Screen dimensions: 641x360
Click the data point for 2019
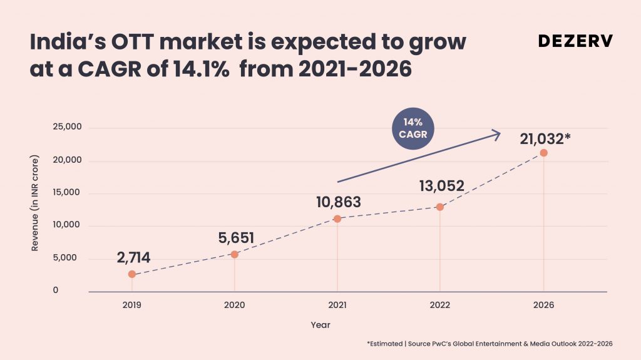131,274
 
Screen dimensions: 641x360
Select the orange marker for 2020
235,254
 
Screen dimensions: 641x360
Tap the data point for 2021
337,219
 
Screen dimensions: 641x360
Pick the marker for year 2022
440,207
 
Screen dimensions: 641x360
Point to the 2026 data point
544,153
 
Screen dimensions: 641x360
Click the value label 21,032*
545,139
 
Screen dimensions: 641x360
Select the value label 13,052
441,186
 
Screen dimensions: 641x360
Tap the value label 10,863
339,202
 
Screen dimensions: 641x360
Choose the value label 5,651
236,238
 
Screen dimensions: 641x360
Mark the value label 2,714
133,258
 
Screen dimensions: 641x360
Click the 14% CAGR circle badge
413,128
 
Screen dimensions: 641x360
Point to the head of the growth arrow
500,134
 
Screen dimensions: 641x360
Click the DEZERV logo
576,41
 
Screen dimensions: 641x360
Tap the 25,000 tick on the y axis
67,127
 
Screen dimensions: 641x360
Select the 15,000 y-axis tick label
66,192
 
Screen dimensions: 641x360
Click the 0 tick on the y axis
56,290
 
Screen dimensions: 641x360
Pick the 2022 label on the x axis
440,305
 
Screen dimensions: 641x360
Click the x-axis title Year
320,325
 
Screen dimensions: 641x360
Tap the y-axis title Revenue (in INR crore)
35,203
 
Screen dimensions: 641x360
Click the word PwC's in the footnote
441,344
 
